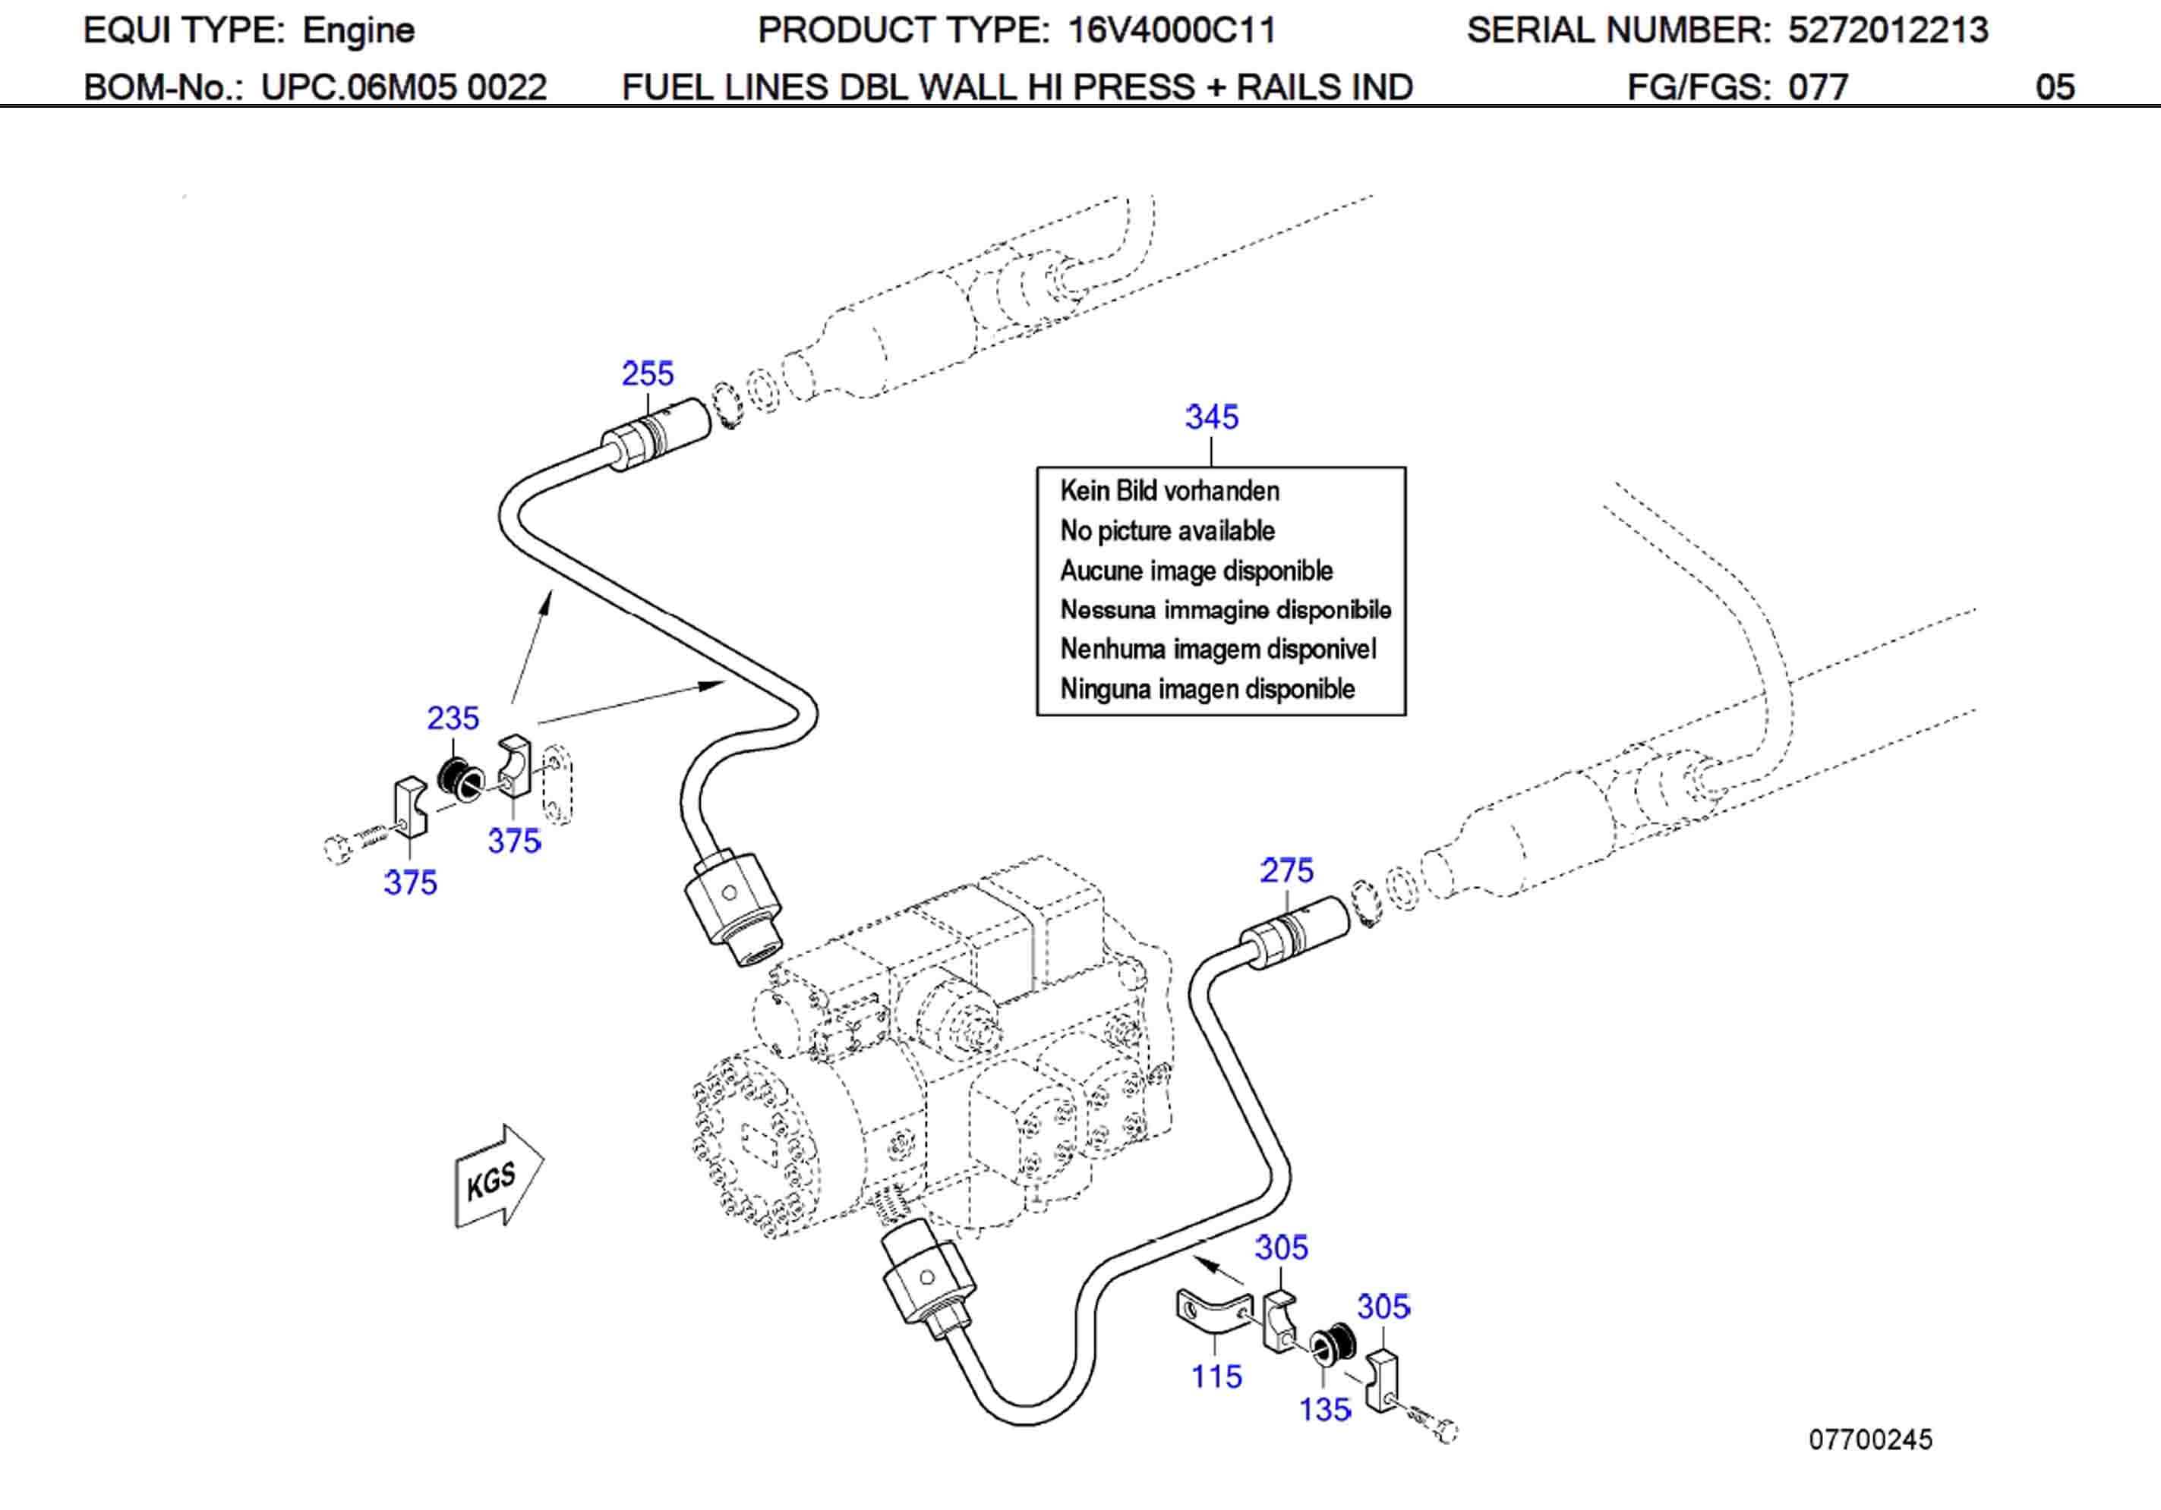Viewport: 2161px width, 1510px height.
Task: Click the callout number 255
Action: tap(648, 373)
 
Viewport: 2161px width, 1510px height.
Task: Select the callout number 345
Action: tap(1211, 417)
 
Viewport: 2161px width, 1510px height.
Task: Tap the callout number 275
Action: tap(1286, 870)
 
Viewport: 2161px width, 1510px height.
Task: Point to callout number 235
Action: tap(453, 718)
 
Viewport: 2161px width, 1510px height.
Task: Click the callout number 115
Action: tap(1216, 1376)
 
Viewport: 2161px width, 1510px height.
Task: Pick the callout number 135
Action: tap(1324, 1409)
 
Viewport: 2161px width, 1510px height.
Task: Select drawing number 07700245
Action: tap(1869, 1439)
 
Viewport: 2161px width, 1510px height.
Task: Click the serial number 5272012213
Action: tap(1887, 30)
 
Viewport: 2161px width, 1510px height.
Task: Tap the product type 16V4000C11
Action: tap(1171, 30)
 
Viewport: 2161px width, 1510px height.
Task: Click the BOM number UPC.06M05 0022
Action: tap(403, 87)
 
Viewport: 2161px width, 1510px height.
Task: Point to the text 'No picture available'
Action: tap(1167, 530)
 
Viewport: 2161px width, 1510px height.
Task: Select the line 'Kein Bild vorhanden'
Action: tap(1169, 490)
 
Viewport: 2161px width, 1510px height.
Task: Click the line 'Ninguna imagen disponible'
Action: tap(1207, 689)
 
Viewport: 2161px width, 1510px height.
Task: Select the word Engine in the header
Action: tap(358, 30)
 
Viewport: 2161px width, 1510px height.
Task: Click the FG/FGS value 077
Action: tap(1818, 87)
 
